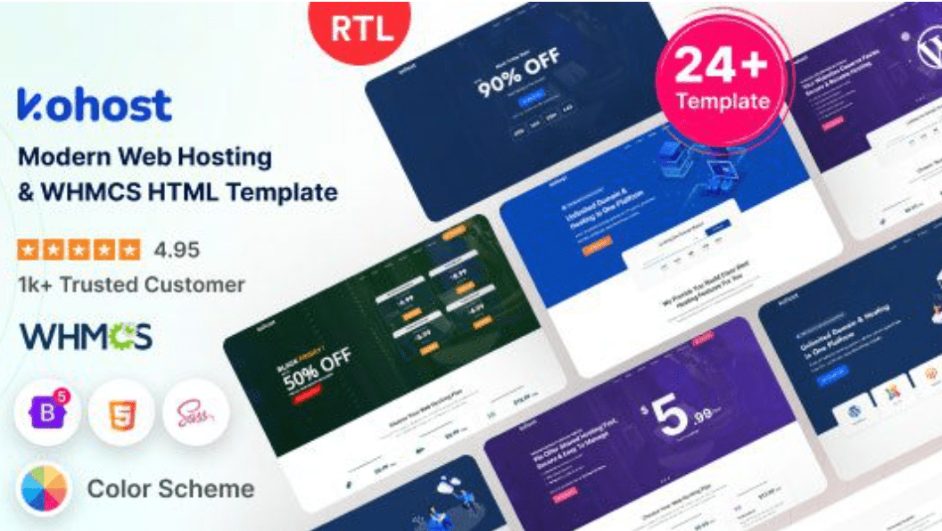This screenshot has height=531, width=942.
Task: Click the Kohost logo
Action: pyautogui.click(x=94, y=105)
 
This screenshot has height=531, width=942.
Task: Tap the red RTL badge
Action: pyautogui.click(x=362, y=30)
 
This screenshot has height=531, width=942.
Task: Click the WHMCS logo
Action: pyautogui.click(x=86, y=336)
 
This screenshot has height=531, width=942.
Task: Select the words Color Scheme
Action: pyautogui.click(x=170, y=489)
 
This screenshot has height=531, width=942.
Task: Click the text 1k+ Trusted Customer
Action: pyautogui.click(x=130, y=284)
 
